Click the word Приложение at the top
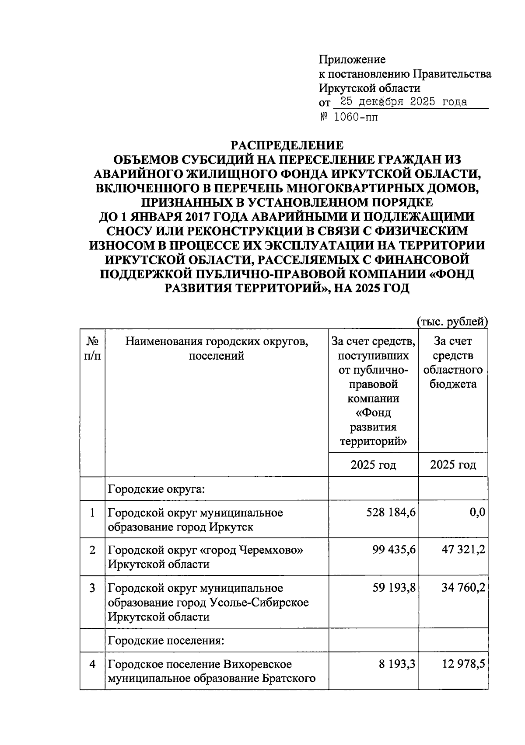(x=352, y=59)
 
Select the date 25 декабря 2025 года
(x=403, y=102)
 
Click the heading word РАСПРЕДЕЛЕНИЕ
(x=287, y=145)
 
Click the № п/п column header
(x=92, y=348)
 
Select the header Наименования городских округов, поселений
(x=217, y=348)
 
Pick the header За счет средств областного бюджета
(x=453, y=363)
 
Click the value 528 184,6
(x=391, y=512)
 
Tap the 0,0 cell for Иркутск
(x=477, y=512)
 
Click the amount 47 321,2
(x=463, y=550)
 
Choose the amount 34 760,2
(x=463, y=588)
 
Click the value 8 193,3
(x=397, y=664)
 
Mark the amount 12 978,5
(x=463, y=664)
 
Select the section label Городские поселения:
(x=166, y=641)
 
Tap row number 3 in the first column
(x=92, y=588)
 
